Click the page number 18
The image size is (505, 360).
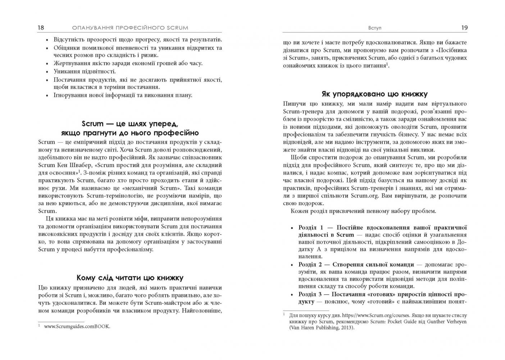(41, 28)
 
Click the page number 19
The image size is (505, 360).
(464, 28)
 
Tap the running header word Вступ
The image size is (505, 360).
(375, 28)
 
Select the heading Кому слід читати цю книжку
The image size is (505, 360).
(130, 278)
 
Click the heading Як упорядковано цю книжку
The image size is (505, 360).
(374, 94)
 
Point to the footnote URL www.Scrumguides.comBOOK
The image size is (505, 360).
(77, 327)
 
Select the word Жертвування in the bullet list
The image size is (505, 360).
(70, 63)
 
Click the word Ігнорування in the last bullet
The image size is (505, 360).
(69, 95)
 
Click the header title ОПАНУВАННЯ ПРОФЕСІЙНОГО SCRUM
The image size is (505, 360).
(130, 28)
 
